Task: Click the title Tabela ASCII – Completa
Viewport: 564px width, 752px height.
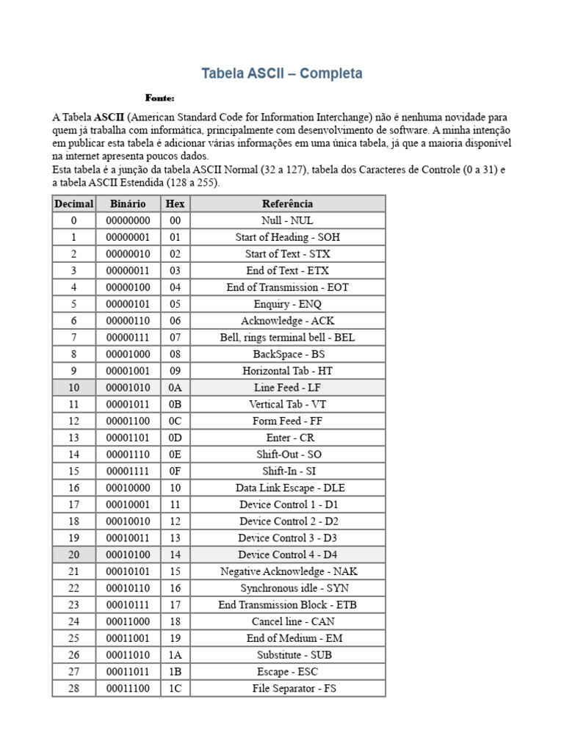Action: pyautogui.click(x=282, y=73)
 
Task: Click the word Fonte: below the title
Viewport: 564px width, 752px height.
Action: pyautogui.click(x=159, y=98)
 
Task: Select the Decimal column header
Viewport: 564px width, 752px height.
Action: pyautogui.click(x=73, y=203)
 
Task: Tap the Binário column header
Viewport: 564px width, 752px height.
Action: pyautogui.click(x=128, y=203)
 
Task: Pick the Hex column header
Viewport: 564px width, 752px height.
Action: pyautogui.click(x=175, y=203)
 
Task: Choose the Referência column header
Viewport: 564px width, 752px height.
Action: pyautogui.click(x=287, y=203)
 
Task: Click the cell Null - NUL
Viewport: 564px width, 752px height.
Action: pyautogui.click(x=287, y=220)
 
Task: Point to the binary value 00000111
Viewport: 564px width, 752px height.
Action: pyautogui.click(x=128, y=337)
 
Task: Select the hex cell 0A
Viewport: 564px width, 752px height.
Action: pyautogui.click(x=175, y=387)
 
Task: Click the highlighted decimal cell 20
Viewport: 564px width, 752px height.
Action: pyautogui.click(x=73, y=554)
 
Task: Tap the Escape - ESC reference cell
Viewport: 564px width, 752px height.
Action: pyautogui.click(x=287, y=671)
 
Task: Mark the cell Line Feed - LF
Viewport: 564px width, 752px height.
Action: pyautogui.click(x=287, y=387)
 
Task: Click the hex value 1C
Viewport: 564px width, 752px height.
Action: pyautogui.click(x=175, y=688)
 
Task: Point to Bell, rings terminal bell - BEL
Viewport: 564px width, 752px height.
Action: pyautogui.click(x=287, y=337)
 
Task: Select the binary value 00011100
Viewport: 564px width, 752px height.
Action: pyautogui.click(x=128, y=688)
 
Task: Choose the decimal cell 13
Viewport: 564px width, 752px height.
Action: pyautogui.click(x=73, y=438)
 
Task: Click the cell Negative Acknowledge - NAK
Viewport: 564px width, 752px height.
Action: pyautogui.click(x=287, y=571)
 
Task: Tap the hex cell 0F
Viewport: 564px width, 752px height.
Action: pyautogui.click(x=175, y=471)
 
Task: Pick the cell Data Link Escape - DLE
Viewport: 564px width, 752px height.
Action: pyautogui.click(x=287, y=488)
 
